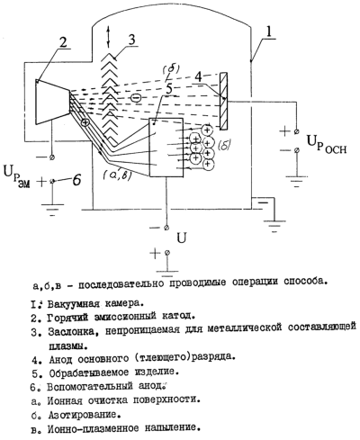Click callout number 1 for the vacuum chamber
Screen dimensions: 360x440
tap(268, 31)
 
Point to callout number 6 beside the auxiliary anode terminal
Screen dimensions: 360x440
tap(76, 181)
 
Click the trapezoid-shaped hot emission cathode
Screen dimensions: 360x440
tap(52, 102)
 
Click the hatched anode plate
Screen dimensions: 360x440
tap(223, 101)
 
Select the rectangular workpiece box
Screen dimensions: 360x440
tap(166, 148)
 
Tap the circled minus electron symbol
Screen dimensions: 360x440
tap(135, 98)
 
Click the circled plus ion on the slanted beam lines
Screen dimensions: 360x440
tap(85, 122)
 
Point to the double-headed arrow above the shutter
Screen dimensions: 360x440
tap(108, 36)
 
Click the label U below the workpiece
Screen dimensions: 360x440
tap(182, 238)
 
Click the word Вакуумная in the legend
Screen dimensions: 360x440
tap(73, 303)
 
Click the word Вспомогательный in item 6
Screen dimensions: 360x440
tap(90, 386)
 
